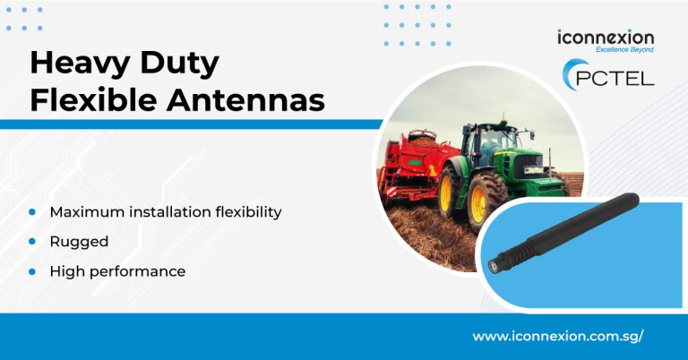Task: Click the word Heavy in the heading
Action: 80,64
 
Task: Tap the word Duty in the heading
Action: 179,64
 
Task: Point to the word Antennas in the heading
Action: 245,99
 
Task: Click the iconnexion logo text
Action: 606,38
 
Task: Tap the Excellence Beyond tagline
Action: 624,49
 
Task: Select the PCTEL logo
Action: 608,75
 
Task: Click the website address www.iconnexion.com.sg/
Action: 558,337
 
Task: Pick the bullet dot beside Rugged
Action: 32,242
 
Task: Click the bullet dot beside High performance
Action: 32,271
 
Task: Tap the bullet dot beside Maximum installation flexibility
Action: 32,212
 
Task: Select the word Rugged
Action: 79,242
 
